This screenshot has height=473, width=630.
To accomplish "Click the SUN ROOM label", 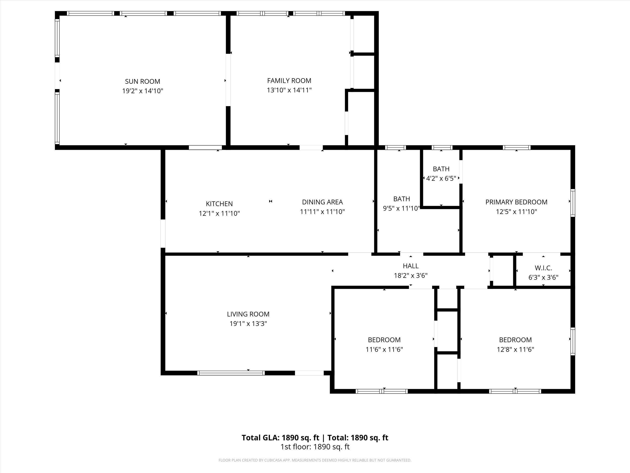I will click(142, 82).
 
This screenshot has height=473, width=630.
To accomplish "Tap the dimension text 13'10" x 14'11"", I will click(289, 90).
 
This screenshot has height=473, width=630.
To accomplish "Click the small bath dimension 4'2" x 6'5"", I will click(441, 178).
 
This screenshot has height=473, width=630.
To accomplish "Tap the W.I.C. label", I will click(543, 268).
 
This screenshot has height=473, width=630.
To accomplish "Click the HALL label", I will click(410, 266).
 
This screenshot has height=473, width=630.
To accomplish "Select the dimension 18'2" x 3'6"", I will click(410, 276).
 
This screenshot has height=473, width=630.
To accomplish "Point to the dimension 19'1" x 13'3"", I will click(248, 324).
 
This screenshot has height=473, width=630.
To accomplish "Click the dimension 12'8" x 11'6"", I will click(515, 349).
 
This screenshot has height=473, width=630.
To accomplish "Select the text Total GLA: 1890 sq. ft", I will click(280, 438).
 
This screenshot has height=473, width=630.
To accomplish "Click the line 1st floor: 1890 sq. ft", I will click(315, 447).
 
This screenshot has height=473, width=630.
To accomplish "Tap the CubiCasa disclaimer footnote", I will click(315, 460).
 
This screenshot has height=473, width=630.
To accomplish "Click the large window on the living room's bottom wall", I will click(231, 373).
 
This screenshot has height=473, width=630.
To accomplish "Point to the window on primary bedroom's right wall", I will click(572, 203).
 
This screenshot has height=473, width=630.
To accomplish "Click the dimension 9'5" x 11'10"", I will click(401, 208).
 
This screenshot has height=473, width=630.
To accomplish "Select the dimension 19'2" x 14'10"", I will click(142, 91).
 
